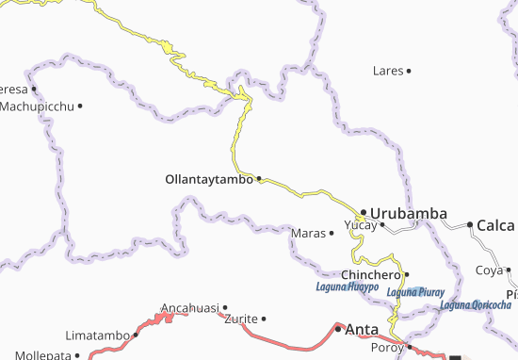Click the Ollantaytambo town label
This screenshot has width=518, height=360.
pyautogui.click(x=209, y=178)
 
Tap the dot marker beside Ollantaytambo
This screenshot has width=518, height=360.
pyautogui.click(x=259, y=178)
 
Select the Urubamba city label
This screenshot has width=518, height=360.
pyautogui.click(x=408, y=213)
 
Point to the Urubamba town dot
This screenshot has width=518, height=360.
pyautogui.click(x=363, y=212)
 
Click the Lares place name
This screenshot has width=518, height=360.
pyautogui.click(x=387, y=71)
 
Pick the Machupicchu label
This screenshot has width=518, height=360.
pyautogui.click(x=37, y=106)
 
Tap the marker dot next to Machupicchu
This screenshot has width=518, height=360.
pyautogui.click(x=80, y=106)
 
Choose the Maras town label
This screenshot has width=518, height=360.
pyautogui.click(x=308, y=233)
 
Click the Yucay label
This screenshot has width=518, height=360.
pyautogui.click(x=360, y=226)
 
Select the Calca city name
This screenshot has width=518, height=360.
pyautogui.click(x=495, y=225)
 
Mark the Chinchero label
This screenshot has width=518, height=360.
pyautogui.click(x=371, y=274)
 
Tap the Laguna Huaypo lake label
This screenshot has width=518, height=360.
pyautogui.click(x=348, y=286)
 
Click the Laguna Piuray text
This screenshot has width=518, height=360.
pyautogui.click(x=419, y=292)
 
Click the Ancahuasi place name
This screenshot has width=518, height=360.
pyautogui.click(x=190, y=308)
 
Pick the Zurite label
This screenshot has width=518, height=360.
pyautogui.click(x=241, y=319)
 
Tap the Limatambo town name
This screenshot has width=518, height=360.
pyautogui.click(x=98, y=335)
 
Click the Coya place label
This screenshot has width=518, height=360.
pyautogui.click(x=488, y=270)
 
